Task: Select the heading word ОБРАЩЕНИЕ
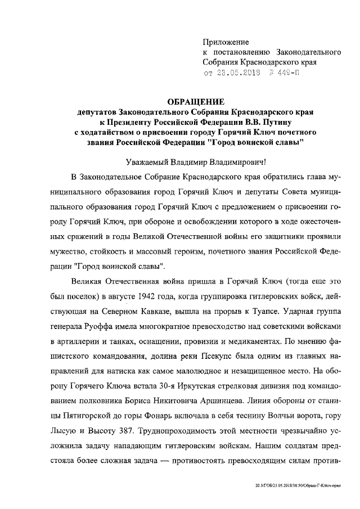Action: (x=196, y=101)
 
